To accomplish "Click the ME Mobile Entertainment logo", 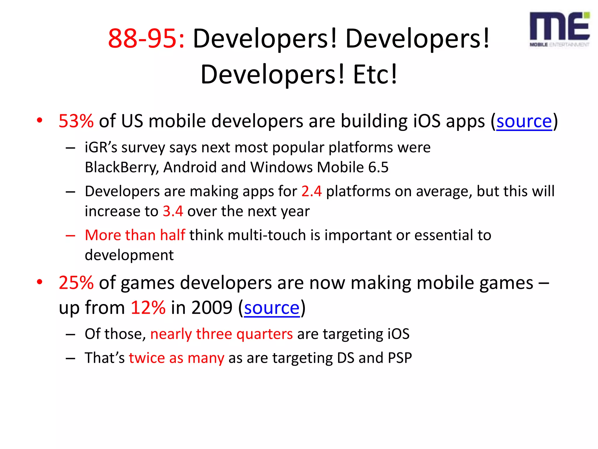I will [559, 29].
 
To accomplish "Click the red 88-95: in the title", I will [146, 39].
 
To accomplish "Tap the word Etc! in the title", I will [375, 75].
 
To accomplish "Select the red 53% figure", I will [76, 121].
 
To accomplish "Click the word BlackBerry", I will [121, 167].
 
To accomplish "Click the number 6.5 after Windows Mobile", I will [378, 167].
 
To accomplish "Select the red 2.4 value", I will [311, 191].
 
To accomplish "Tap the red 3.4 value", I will [173, 211].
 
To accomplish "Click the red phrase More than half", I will [135, 235].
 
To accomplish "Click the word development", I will [129, 255].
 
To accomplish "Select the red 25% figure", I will [76, 283].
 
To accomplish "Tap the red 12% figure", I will [148, 308].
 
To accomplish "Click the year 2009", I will [212, 308].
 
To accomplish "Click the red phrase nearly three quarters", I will [221, 334].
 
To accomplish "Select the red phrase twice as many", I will [176, 358].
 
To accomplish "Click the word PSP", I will [400, 358].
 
